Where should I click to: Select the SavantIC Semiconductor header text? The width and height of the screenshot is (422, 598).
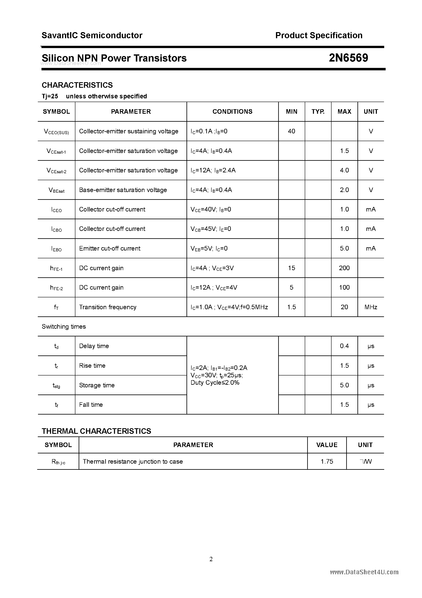92,35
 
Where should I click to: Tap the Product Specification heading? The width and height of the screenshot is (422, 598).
319,35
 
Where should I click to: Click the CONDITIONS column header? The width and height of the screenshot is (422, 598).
232,111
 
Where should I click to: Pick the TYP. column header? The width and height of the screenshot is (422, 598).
318,111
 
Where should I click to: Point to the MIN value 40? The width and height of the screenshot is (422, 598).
291,131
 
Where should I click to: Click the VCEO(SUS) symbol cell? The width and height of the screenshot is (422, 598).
56,132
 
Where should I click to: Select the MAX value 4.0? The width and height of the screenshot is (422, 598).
344,170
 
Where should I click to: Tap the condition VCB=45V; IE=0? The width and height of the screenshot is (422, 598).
211,229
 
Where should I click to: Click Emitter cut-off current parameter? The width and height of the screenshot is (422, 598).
109,248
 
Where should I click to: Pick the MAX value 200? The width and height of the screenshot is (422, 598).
344,268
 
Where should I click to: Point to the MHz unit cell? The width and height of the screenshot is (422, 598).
371,307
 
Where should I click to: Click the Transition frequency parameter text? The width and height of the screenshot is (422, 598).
107,307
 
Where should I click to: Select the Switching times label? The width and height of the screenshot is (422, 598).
64,327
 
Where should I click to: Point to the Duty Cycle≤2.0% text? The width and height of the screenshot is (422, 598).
215,383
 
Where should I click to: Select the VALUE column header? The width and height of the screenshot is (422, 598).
327,445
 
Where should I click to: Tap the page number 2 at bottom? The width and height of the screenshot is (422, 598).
211,559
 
